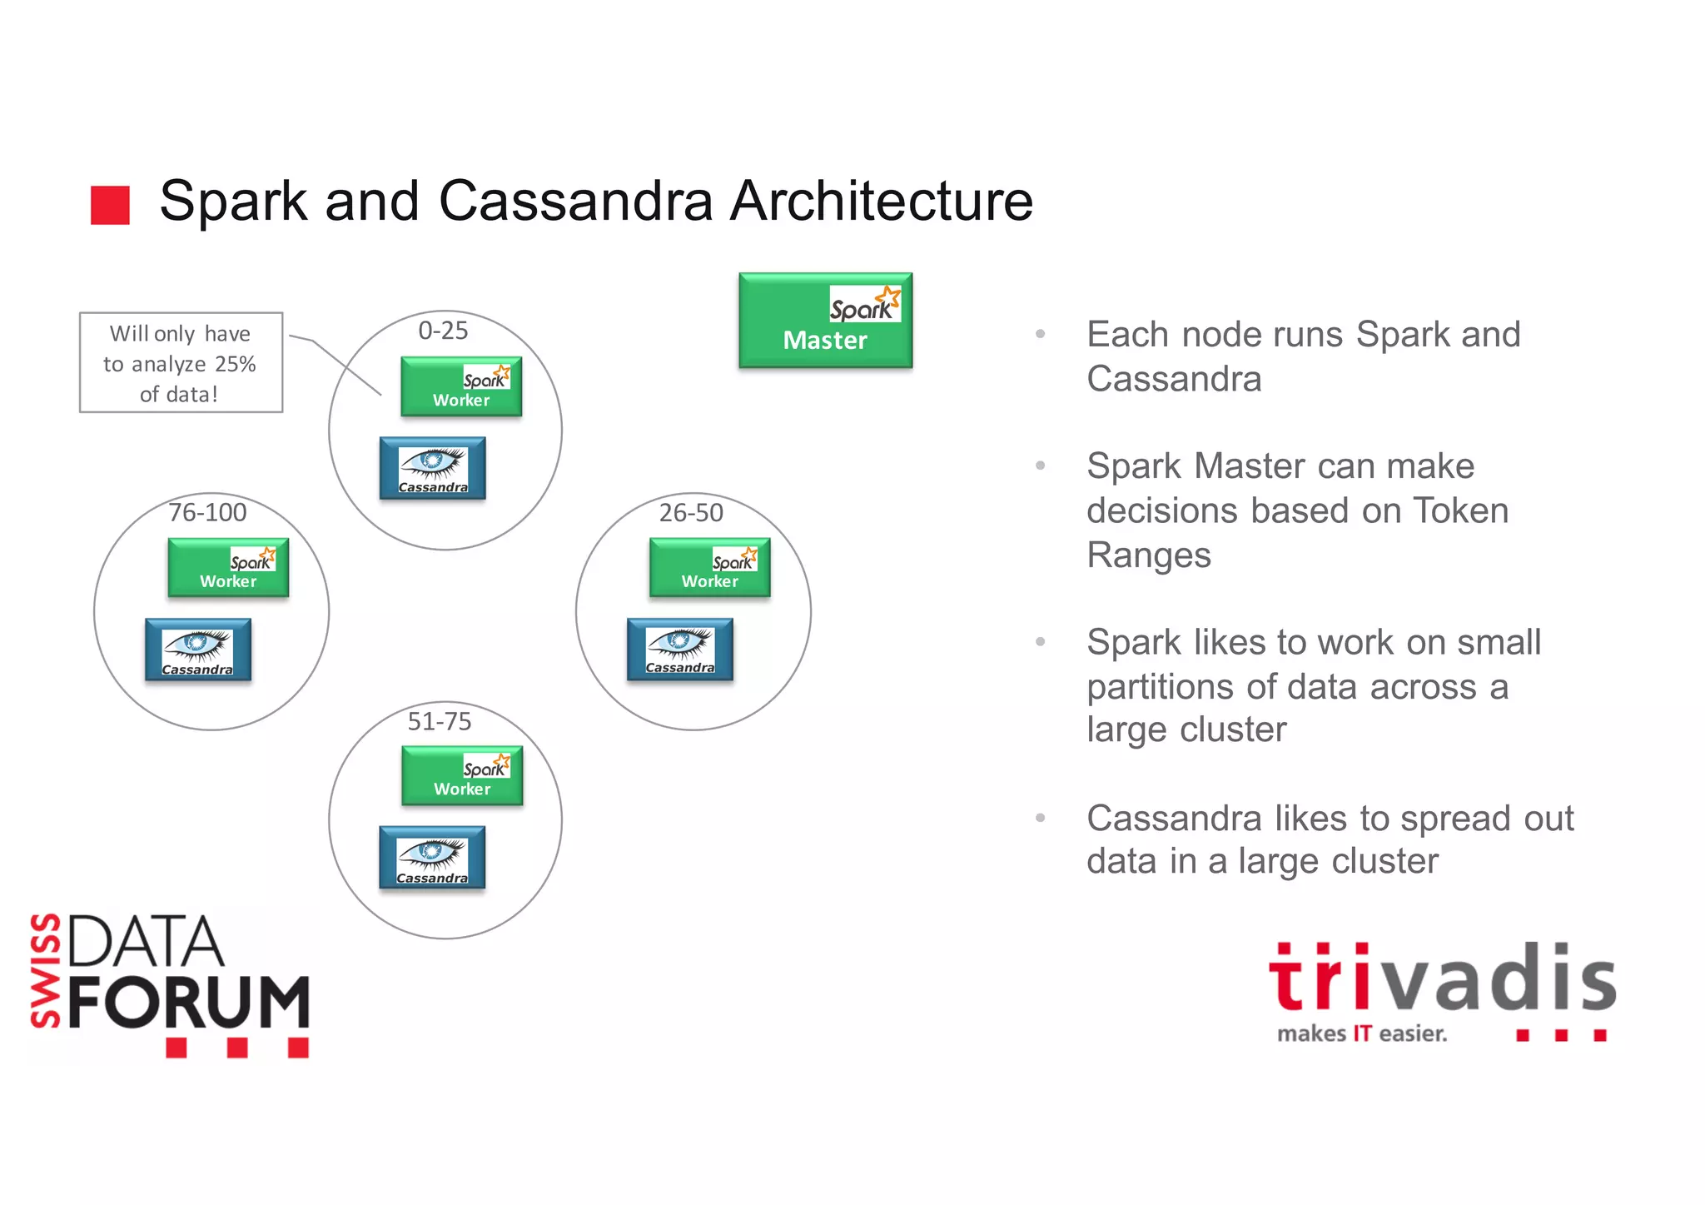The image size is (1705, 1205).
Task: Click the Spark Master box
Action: point(825,321)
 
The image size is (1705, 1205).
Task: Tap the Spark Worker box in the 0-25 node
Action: point(461,386)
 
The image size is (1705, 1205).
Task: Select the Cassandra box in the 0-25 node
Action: point(432,468)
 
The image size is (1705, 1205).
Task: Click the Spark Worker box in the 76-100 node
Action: point(228,568)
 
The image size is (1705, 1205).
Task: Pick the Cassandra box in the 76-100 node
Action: point(198,650)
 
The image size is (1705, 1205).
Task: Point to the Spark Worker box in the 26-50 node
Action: point(709,568)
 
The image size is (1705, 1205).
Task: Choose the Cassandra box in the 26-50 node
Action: point(679,650)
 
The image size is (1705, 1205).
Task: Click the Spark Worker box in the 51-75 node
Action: point(462,775)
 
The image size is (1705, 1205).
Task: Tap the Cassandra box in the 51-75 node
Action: point(432,858)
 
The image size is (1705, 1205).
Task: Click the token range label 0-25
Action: point(443,331)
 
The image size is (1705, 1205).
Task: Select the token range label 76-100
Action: point(207,512)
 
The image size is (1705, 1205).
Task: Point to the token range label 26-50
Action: point(691,513)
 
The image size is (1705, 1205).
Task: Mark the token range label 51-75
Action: point(439,721)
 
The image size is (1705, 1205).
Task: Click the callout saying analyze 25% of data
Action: point(181,363)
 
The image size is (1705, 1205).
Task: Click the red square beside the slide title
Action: point(110,205)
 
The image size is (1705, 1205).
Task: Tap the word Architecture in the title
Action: point(881,202)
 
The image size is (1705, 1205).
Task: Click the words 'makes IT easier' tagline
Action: point(1362,1033)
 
